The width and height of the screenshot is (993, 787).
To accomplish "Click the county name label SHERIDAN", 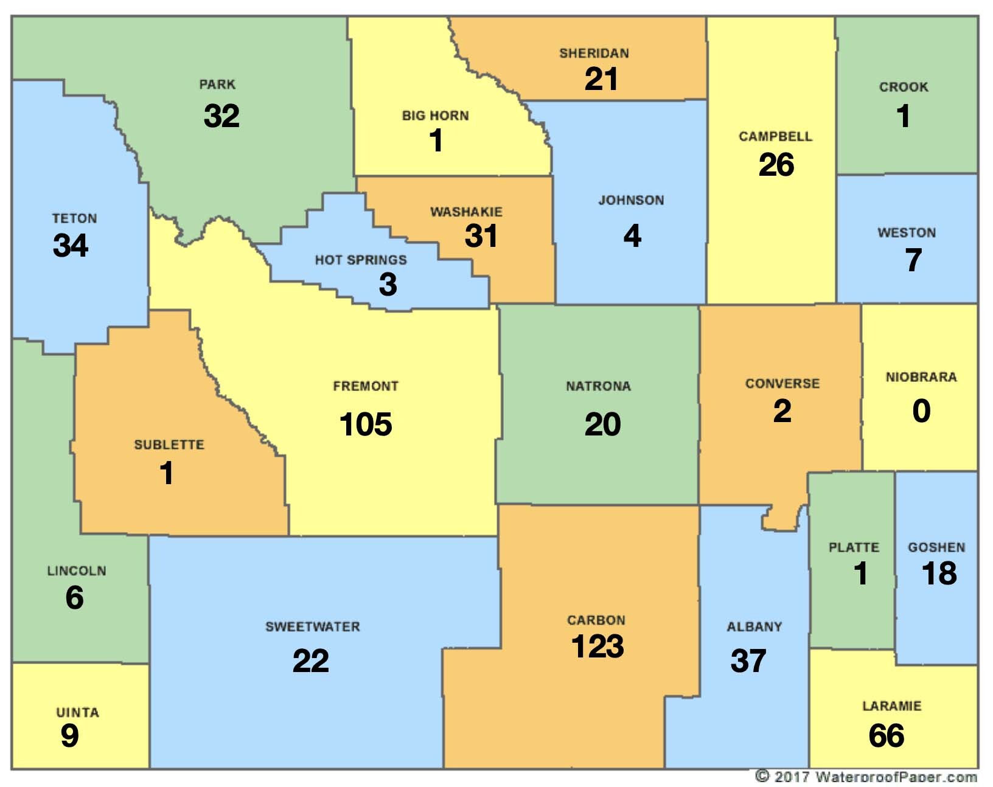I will (x=594, y=54).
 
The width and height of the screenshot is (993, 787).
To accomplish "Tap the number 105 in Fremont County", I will (x=365, y=424).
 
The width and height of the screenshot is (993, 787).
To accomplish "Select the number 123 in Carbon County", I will (x=597, y=646).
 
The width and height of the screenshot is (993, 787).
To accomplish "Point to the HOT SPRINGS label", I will (x=360, y=260).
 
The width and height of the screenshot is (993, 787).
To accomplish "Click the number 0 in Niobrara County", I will (x=921, y=411).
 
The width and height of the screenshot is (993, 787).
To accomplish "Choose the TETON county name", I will (x=74, y=218).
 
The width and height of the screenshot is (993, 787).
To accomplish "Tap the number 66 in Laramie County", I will (x=886, y=735).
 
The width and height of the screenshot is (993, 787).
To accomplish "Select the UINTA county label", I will (x=77, y=712).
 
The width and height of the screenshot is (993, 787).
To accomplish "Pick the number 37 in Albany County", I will (x=748, y=660).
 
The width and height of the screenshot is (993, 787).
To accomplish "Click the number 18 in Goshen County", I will (x=939, y=574).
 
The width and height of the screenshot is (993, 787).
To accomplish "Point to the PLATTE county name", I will (x=854, y=547).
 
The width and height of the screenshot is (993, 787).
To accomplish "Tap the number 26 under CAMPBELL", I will (x=776, y=165).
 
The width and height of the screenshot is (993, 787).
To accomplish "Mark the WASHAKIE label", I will (x=466, y=212).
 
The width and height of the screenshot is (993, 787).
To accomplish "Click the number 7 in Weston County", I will (x=913, y=260).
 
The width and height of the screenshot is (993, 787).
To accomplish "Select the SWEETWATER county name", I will (x=312, y=626).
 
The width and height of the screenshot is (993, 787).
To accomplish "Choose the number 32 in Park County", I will (x=221, y=116).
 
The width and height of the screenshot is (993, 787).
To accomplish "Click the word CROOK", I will (x=904, y=87).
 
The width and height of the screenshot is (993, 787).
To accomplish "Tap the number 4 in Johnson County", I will (x=632, y=235).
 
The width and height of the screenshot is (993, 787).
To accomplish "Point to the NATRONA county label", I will (x=598, y=386).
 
